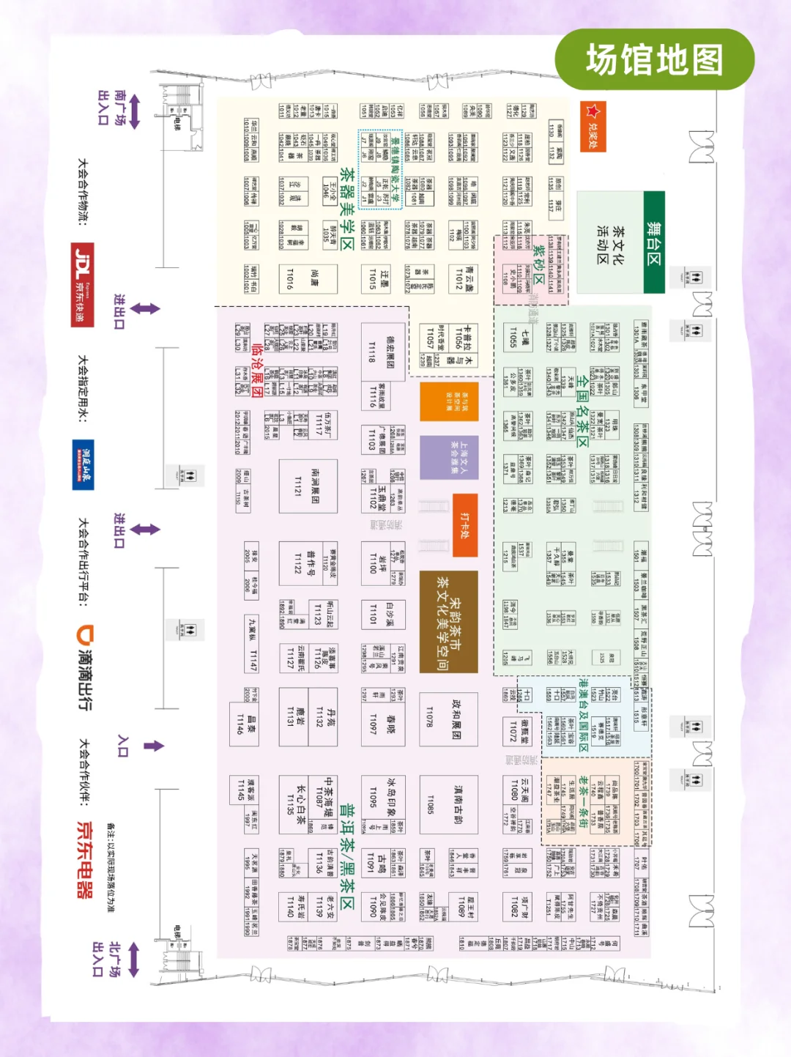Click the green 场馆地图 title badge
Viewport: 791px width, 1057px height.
point(654,60)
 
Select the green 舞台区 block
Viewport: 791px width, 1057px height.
point(654,242)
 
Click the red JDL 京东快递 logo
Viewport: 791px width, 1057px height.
point(82,284)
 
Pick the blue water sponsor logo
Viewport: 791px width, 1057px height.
point(83,464)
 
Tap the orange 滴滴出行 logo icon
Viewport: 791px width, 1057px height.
point(86,634)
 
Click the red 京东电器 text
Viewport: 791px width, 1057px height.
point(85,859)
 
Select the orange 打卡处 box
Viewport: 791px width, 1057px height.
point(465,524)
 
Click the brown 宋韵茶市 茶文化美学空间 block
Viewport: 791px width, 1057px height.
point(448,622)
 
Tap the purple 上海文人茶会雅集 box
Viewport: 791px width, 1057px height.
point(449,458)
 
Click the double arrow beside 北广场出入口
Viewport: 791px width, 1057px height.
point(133,960)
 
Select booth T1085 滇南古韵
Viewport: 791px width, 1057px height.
point(448,804)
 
